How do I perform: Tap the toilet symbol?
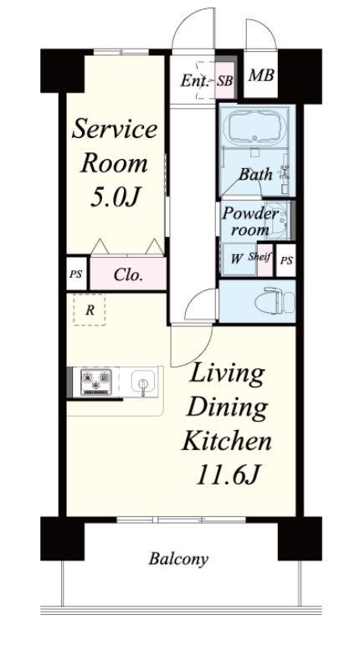(274, 301)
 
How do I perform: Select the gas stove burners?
(96, 382)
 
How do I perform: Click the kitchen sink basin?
(143, 382)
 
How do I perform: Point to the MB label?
(261, 75)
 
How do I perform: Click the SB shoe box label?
(225, 80)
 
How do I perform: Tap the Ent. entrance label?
(194, 80)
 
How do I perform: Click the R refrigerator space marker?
(90, 310)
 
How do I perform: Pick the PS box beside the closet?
(76, 274)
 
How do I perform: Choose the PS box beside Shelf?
(286, 260)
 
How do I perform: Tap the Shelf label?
(260, 256)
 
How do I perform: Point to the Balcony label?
(178, 559)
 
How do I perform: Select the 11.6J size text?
(226, 475)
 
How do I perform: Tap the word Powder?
(250, 213)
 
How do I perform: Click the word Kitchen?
(226, 442)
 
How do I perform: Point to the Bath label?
(255, 175)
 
